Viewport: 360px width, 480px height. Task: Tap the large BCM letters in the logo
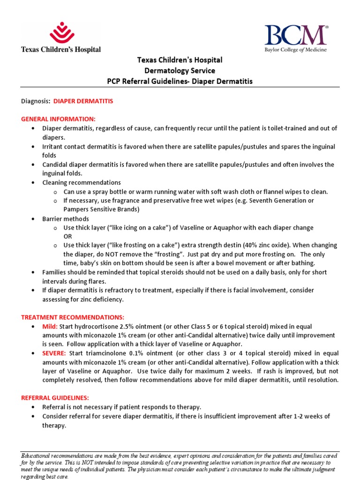coord(296,35)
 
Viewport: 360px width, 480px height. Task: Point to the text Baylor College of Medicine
coord(296,50)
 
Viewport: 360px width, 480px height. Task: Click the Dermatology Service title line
coord(180,71)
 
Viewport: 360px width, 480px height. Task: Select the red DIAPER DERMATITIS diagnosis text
coord(83,101)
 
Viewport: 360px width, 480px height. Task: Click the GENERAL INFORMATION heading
coord(58,119)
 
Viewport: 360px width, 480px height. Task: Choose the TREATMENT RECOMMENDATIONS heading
coord(73,317)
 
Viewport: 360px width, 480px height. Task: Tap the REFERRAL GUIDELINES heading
coord(55,398)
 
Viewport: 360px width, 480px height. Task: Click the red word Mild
coord(51,327)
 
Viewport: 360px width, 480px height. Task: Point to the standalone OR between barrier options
coord(68,237)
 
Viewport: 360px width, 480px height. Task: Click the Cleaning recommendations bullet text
coord(82,183)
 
